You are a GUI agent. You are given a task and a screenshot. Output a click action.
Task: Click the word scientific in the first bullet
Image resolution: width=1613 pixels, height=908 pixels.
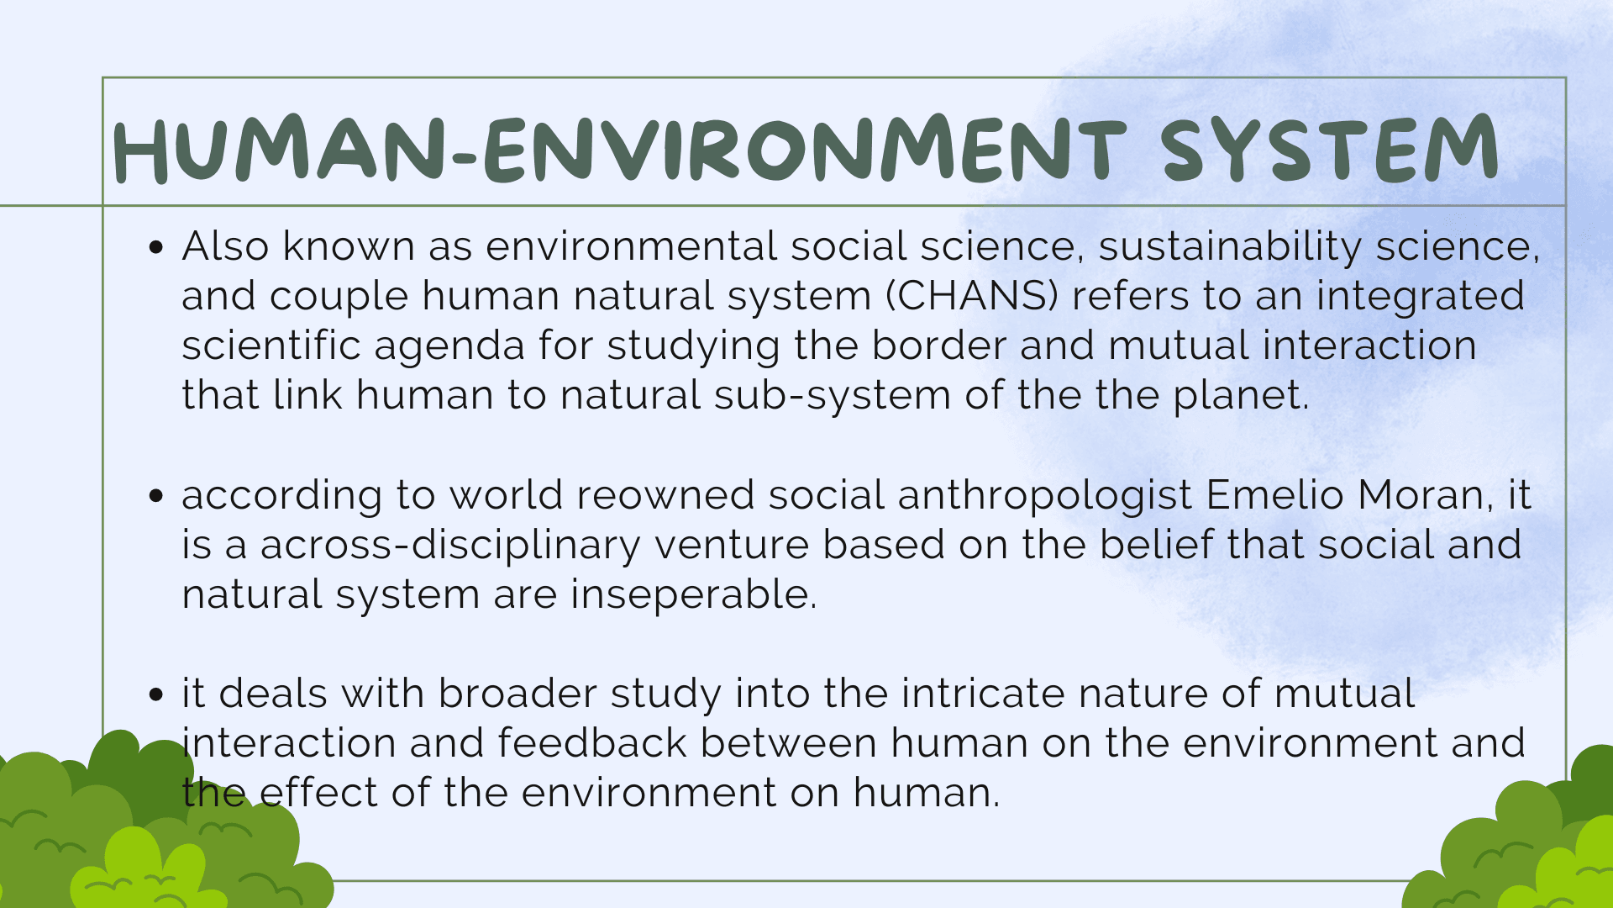click(271, 346)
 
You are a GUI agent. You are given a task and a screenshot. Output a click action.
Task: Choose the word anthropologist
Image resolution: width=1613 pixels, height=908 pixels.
click(1045, 496)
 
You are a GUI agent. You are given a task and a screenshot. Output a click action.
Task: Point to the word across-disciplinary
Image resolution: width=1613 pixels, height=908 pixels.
click(450, 546)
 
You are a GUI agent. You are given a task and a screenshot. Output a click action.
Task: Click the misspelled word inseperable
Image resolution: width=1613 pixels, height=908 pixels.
click(693, 595)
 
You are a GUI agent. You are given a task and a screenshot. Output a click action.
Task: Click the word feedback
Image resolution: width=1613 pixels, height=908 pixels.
click(592, 743)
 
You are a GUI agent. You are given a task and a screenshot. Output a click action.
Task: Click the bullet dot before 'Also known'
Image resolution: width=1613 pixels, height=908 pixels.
click(155, 247)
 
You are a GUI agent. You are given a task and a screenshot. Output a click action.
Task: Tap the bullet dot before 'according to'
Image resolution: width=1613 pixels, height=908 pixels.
click(155, 496)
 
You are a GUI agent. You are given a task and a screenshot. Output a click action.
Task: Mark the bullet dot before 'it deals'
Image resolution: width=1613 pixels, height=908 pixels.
click(155, 694)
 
